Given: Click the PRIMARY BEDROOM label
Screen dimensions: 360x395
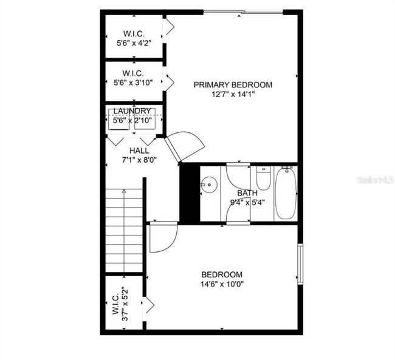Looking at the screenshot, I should tap(233, 85).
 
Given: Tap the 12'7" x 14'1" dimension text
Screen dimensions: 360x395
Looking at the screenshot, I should tap(233, 95).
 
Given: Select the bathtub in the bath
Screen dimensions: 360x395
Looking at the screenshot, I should tap(285, 194).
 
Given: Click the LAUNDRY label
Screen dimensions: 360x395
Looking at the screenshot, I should tap(132, 111).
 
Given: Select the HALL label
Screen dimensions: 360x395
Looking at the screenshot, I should tap(140, 151).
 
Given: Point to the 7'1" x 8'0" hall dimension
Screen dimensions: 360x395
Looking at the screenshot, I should tap(140, 160).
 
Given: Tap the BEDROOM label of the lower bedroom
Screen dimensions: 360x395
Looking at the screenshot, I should tap(222, 274).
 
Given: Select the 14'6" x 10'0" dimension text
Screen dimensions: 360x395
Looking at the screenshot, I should tap(222, 284).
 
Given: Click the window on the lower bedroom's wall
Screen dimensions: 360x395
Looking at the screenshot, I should tap(300, 263).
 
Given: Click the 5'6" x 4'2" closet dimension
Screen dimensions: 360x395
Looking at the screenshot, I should tap(133, 44).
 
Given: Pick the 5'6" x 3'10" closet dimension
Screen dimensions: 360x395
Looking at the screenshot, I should tap(133, 83).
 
